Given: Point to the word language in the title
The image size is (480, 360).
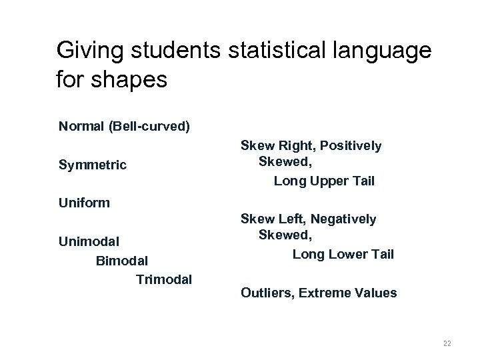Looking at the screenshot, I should click(385, 51).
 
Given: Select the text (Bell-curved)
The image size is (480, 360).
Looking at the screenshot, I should click(151, 126).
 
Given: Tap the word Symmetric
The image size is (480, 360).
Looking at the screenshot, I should click(92, 164).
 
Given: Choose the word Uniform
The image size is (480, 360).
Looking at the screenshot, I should click(84, 202).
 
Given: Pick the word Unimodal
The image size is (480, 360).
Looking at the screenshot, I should click(89, 240).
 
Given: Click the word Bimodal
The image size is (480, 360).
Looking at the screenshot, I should click(122, 259).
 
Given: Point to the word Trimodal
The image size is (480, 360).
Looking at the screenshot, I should click(164, 279).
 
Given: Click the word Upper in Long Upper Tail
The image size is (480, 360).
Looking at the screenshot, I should click(325, 180).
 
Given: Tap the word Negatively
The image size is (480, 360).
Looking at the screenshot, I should click(344, 219).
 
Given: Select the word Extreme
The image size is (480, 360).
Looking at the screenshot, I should click(325, 293).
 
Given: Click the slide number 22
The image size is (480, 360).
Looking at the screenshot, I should click(447, 343).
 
